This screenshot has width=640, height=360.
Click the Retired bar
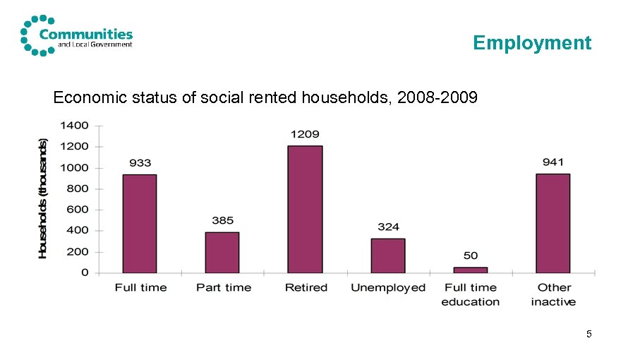(305, 209)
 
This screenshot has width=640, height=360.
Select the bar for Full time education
(470, 270)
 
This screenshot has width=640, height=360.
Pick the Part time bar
(222, 252)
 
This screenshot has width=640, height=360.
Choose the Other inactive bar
(553, 223)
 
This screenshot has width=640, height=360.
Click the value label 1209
(305, 134)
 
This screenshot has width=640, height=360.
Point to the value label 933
(140, 163)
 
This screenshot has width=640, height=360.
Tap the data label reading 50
(471, 256)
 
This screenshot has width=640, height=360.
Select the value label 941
(553, 162)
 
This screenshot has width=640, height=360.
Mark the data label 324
(388, 227)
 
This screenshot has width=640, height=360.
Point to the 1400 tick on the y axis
(74, 126)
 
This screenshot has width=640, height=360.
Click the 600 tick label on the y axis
(78, 210)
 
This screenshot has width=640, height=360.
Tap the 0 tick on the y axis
(85, 272)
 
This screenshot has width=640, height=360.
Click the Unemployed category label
(388, 288)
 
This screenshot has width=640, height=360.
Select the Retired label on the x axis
(306, 288)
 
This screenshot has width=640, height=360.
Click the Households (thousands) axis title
(43, 198)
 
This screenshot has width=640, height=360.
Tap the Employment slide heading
(532, 43)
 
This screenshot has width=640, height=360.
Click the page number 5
(588, 333)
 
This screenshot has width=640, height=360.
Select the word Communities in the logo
(86, 33)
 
